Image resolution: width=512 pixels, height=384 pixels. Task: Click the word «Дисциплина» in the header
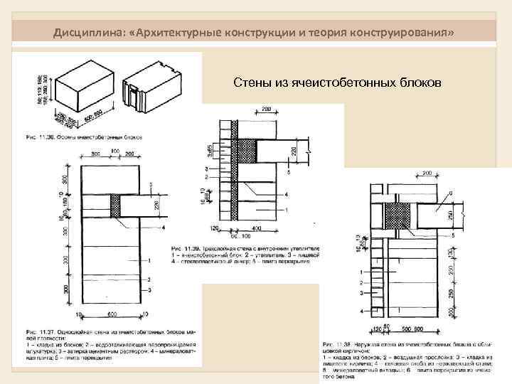coord(85,33)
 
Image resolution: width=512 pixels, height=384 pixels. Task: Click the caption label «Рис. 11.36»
coord(40,137)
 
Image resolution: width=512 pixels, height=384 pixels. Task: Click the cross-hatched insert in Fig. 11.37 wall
coord(115,207)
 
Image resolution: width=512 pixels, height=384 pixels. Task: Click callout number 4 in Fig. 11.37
coord(164,227)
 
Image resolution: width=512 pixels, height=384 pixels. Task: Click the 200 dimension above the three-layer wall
coord(265,108)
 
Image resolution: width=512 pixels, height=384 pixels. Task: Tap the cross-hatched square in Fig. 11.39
coord(246,149)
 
